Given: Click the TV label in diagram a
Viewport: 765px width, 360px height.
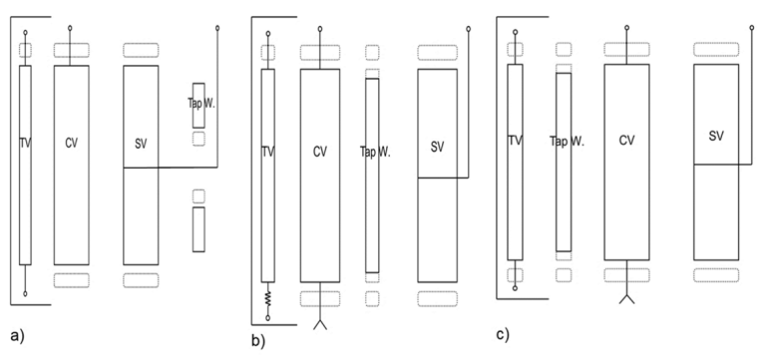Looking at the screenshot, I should (x=24, y=144).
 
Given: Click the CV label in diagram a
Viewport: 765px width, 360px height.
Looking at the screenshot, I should (x=71, y=144).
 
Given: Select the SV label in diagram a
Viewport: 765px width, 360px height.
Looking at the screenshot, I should (x=140, y=144).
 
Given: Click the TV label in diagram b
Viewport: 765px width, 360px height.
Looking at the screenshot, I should (x=266, y=152).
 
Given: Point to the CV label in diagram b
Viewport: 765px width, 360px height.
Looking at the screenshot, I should (x=319, y=152).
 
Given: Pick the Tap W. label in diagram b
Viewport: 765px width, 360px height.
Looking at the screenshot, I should (x=374, y=152).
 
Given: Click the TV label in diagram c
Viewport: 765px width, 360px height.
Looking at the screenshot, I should (x=514, y=141).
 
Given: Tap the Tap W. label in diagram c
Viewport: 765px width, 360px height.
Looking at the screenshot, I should (x=566, y=141).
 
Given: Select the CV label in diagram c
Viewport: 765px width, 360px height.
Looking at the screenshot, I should (x=627, y=141).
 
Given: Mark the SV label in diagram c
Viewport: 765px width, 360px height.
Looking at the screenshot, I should (x=715, y=134).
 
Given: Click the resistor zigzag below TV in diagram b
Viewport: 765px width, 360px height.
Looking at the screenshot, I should (x=266, y=297).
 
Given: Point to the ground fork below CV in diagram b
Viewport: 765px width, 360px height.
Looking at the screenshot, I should (x=320, y=325).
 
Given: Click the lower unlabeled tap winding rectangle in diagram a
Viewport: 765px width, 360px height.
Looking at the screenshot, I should (x=198, y=229).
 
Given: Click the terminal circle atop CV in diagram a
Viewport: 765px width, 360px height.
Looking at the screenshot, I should (x=71, y=30).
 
